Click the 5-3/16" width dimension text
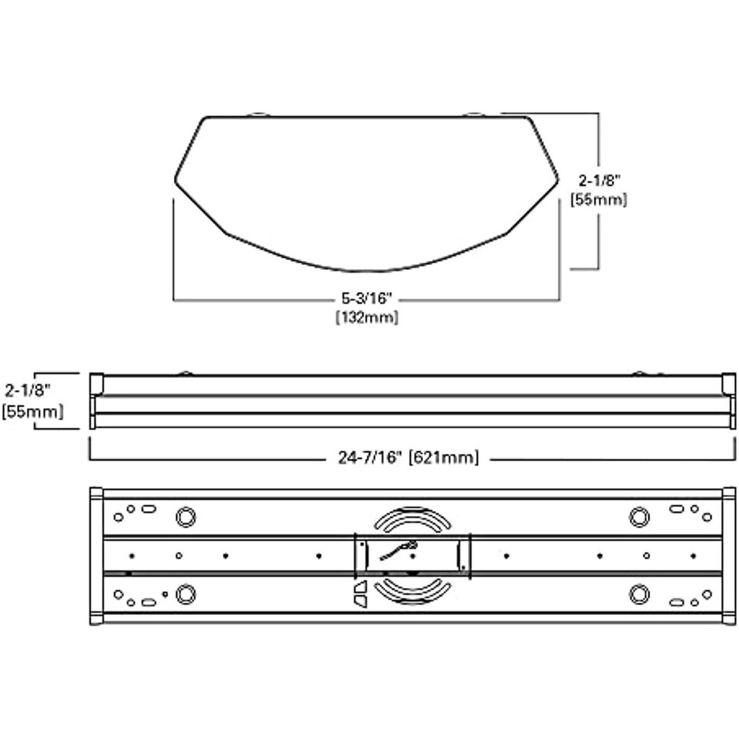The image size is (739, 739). (367, 299)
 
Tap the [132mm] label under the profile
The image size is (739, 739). (367, 317)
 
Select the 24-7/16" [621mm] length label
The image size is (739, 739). (408, 457)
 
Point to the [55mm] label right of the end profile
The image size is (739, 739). (599, 200)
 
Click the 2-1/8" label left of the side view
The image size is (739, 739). (28, 391)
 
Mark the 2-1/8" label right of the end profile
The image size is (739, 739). (600, 180)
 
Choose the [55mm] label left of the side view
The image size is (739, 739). (32, 411)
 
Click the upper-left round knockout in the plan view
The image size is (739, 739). (186, 517)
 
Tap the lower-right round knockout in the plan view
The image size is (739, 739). (639, 594)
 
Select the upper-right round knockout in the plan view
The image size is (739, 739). (639, 517)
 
